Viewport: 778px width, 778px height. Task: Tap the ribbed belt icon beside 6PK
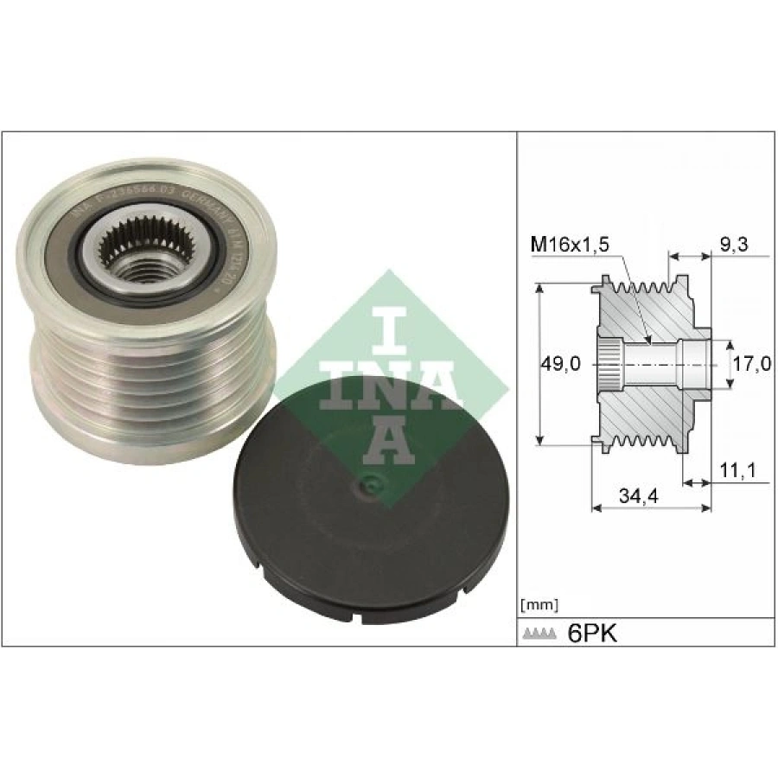click(x=539, y=635)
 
